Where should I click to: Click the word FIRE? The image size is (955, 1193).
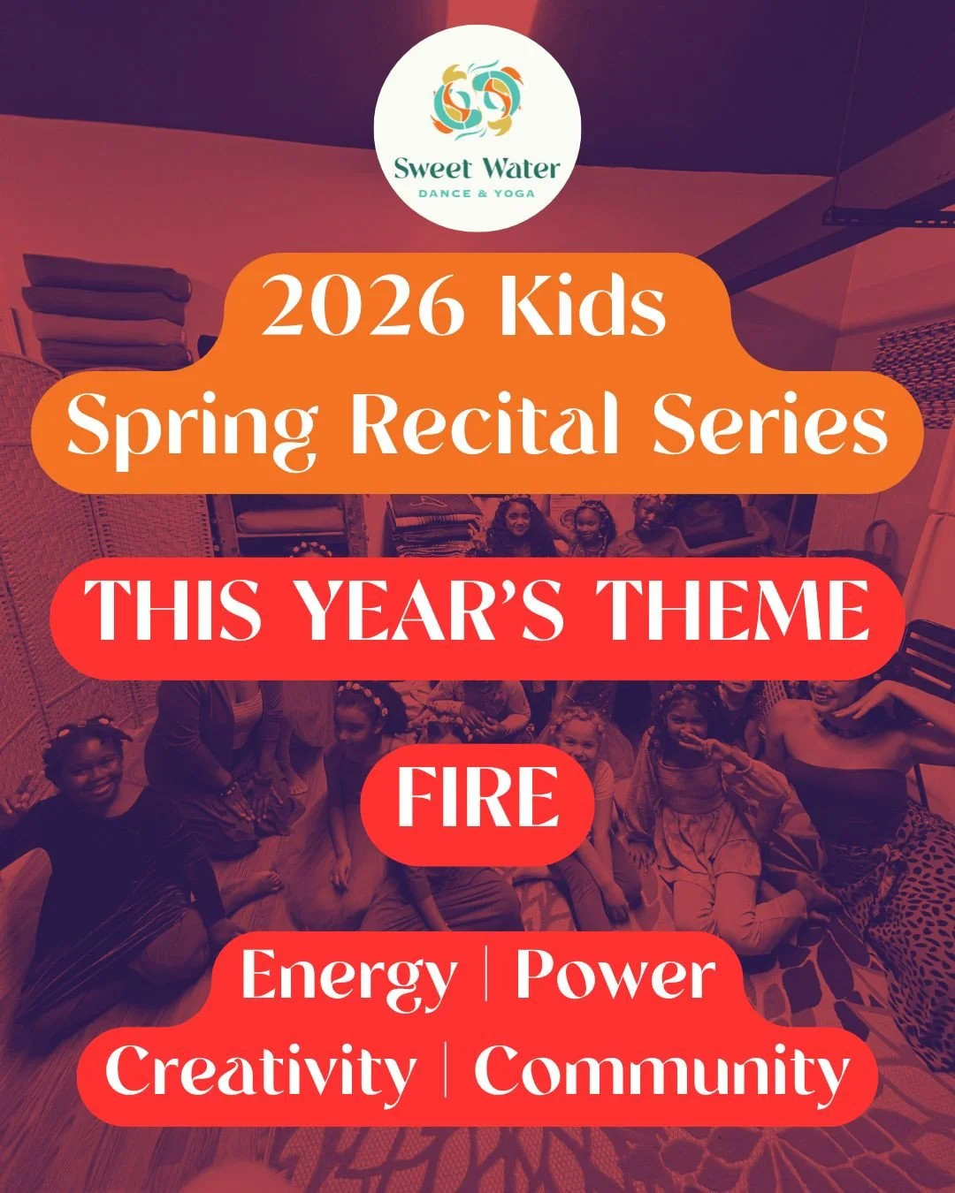[x=477, y=797]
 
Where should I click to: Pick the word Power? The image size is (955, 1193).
[x=615, y=976]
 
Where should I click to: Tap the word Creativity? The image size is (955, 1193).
[x=261, y=1071]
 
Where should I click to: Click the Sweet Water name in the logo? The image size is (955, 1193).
[x=477, y=168]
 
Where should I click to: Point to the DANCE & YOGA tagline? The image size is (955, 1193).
[x=477, y=193]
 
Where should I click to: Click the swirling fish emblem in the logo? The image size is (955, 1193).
[x=477, y=102]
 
